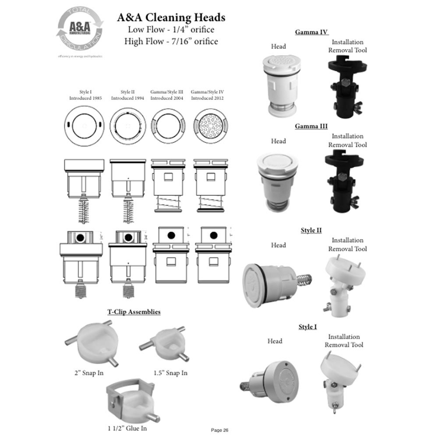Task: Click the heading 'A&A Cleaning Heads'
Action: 171,18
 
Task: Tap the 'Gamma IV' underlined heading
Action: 311,32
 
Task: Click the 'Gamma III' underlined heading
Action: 311,126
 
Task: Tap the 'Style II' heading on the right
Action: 311,230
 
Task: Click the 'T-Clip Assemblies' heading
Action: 134,312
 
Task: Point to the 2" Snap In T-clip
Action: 93,345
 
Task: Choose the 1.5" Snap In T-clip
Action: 163,344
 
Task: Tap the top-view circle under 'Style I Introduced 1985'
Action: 85,127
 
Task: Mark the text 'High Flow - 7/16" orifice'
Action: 171,42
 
